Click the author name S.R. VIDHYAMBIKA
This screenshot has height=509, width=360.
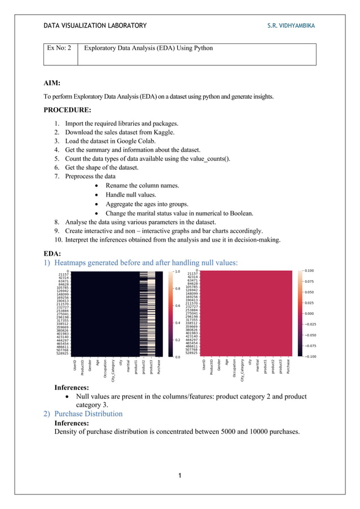pyautogui.click(x=291, y=25)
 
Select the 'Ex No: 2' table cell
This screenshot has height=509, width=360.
pyautogui.click(x=59, y=49)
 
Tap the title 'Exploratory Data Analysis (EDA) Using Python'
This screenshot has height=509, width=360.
pyautogui.click(x=148, y=49)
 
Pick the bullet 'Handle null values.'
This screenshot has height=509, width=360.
pyautogui.click(x=130, y=195)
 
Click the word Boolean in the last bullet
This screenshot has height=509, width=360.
pyautogui.click(x=240, y=213)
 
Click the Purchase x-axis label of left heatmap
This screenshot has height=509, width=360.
pyautogui.click(x=159, y=366)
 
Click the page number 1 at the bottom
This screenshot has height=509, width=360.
pyautogui.click(x=179, y=476)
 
